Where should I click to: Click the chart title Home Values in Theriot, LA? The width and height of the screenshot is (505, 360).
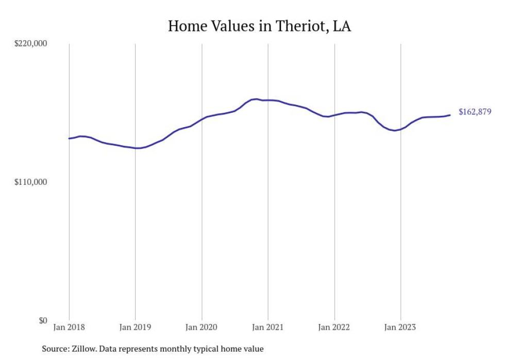(x=259, y=26)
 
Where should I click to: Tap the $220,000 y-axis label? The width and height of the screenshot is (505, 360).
(x=30, y=43)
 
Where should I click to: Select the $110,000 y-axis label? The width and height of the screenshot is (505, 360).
(x=30, y=182)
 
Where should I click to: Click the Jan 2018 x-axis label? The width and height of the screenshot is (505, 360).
(x=69, y=327)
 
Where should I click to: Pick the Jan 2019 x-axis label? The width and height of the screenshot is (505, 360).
(x=135, y=327)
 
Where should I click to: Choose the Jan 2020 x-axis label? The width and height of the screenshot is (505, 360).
(x=201, y=327)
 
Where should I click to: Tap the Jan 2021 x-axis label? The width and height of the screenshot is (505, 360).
(x=268, y=327)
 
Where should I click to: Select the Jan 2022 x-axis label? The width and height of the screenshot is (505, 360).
(x=334, y=327)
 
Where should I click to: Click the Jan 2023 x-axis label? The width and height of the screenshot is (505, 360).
(x=400, y=327)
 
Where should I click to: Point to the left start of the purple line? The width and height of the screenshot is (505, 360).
(x=69, y=139)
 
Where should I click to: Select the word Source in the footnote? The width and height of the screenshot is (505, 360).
(x=54, y=349)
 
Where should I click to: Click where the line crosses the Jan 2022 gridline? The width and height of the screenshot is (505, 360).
(x=334, y=115)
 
